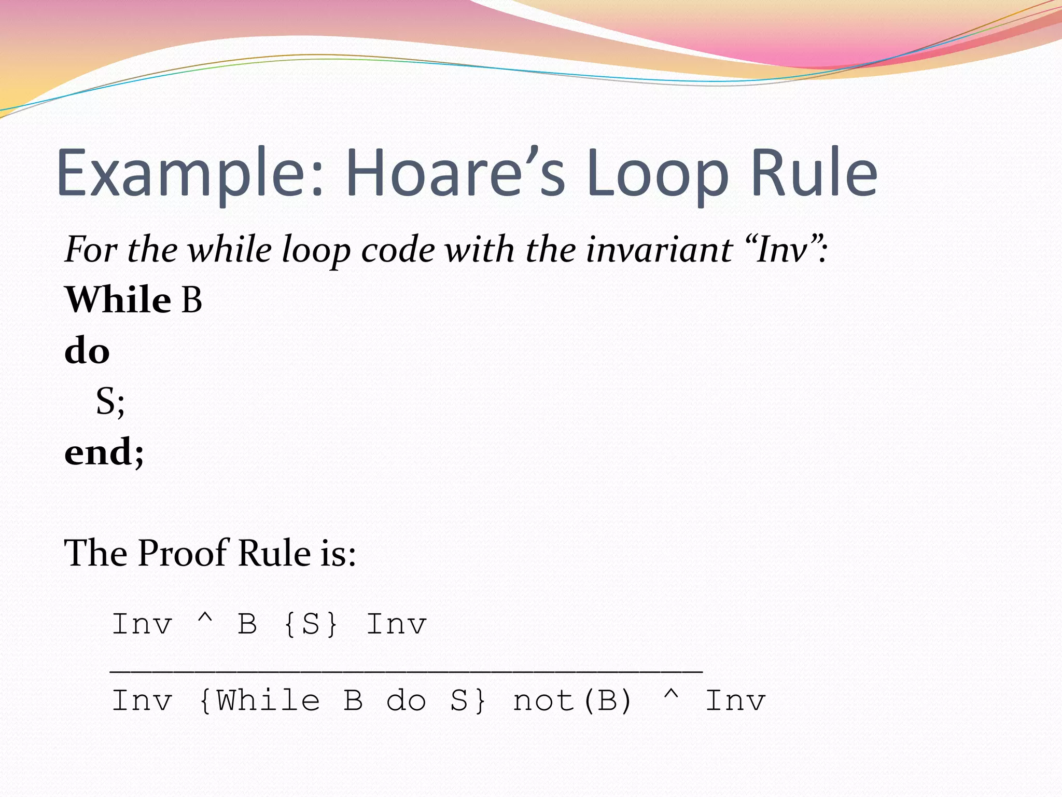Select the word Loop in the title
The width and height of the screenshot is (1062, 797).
click(x=658, y=173)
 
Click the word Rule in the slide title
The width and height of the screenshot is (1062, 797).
click(x=814, y=173)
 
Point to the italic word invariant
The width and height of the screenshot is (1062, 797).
click(x=659, y=250)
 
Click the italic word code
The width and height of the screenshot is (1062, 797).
click(x=398, y=250)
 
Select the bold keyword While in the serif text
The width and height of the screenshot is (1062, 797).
click(x=118, y=300)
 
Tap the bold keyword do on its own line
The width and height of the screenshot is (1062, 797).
click(x=87, y=351)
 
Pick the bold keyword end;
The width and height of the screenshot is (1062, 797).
click(x=104, y=452)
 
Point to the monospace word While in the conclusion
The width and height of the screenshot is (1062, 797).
click(x=268, y=701)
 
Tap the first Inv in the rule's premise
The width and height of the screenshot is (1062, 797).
click(x=142, y=624)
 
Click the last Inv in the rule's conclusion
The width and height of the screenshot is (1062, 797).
click(x=735, y=701)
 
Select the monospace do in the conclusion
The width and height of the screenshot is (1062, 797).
click(x=406, y=701)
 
